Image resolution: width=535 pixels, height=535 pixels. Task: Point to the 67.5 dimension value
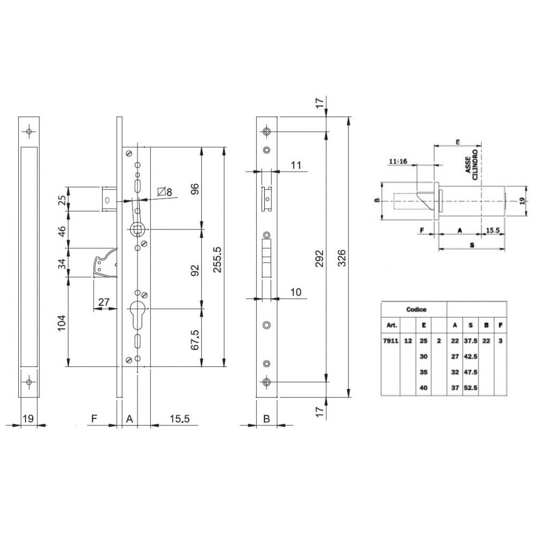[195, 339]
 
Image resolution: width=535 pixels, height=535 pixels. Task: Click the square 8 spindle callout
[165, 192]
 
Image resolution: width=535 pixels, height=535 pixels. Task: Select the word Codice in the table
[413, 309]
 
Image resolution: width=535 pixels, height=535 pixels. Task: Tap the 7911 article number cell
[390, 340]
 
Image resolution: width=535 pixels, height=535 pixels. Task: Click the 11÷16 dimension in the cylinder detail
[399, 160]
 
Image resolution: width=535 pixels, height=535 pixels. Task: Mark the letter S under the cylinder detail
[471, 244]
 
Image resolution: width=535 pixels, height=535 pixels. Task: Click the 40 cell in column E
[424, 388]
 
